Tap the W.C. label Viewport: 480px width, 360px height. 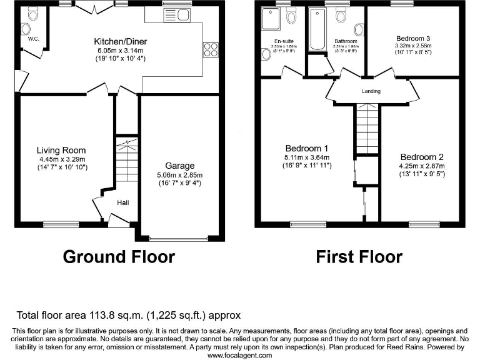tap(33, 39)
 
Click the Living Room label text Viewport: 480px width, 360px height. tap(61, 150)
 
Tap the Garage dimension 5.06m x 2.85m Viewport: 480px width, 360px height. tap(181, 175)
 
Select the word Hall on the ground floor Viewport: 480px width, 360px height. tap(123, 202)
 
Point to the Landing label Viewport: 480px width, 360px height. tap(371, 91)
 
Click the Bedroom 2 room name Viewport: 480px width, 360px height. tap(422, 157)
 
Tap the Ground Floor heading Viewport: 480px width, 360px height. tap(119, 256)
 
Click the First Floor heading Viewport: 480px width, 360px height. tap(359, 256)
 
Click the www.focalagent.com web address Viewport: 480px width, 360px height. tap(239, 355)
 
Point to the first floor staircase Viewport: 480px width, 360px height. tap(367, 129)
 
